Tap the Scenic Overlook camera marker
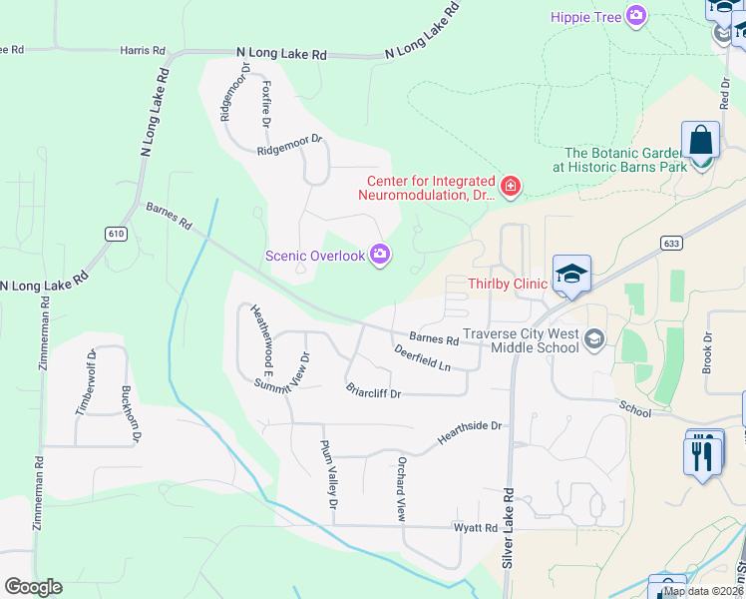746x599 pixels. point(380,256)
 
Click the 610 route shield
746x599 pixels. point(116,233)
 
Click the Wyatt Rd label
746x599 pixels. point(477,527)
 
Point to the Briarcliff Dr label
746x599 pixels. point(373,391)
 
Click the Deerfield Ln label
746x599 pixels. point(422,358)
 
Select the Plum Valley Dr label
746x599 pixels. point(329,467)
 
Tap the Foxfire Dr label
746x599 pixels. point(266,104)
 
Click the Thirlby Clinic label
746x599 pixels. point(508,284)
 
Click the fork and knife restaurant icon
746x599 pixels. point(703,455)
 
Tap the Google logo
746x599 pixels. point(33,587)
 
